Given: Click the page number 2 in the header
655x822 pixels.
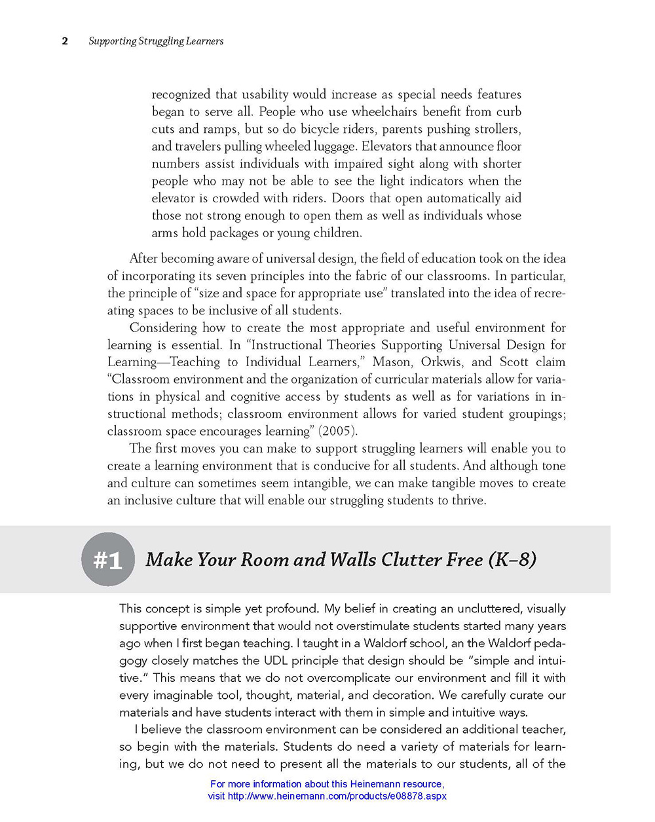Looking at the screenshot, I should coord(65,41).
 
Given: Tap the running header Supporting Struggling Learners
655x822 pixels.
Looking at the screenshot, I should coord(156,41).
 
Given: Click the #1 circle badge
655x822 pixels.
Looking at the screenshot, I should coord(108,559).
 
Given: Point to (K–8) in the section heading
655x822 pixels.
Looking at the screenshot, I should coord(512,559).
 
